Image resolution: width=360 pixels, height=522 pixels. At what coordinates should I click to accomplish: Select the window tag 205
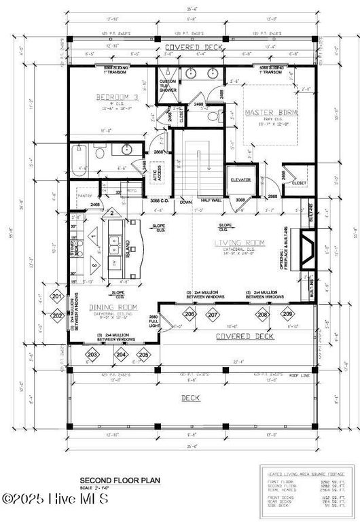[x=143, y=354]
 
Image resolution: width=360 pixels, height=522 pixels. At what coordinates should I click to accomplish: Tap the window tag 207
[x=213, y=315]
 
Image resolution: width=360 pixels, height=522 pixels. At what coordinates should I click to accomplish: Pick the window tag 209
[x=287, y=315]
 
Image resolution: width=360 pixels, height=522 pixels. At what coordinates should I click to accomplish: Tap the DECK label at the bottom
[x=190, y=397]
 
